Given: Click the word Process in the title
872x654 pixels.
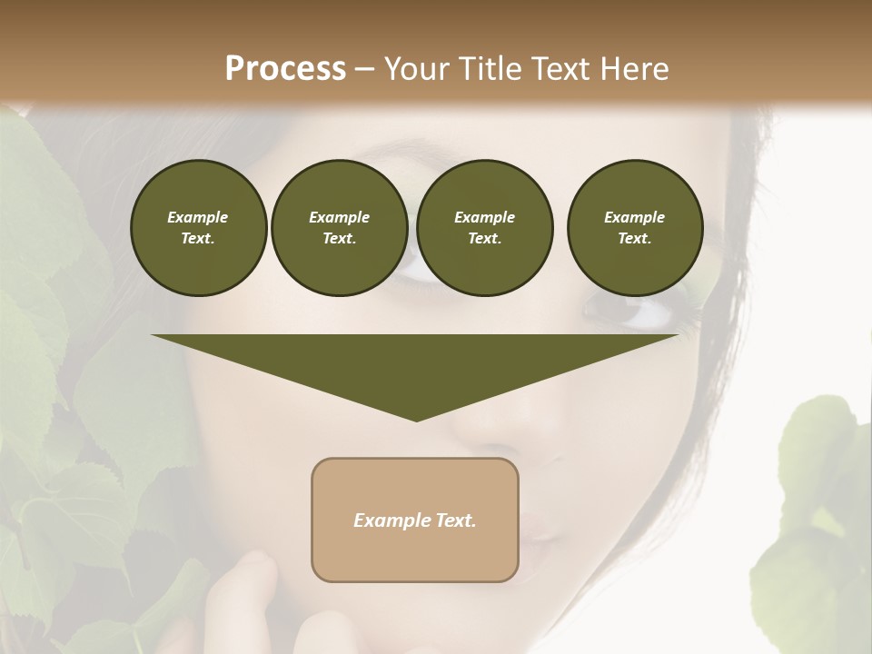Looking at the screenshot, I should (285, 69).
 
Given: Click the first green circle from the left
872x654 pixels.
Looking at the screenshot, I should (198, 228).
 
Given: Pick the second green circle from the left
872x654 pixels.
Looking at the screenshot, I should (339, 228).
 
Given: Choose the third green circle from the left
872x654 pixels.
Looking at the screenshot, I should (484, 228).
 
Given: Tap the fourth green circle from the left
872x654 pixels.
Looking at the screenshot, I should (634, 228).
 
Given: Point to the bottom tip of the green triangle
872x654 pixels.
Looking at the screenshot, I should (416, 421).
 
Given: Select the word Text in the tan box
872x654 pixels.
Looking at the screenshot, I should (455, 520).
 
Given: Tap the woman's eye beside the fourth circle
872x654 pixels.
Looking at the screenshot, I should (636, 313).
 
